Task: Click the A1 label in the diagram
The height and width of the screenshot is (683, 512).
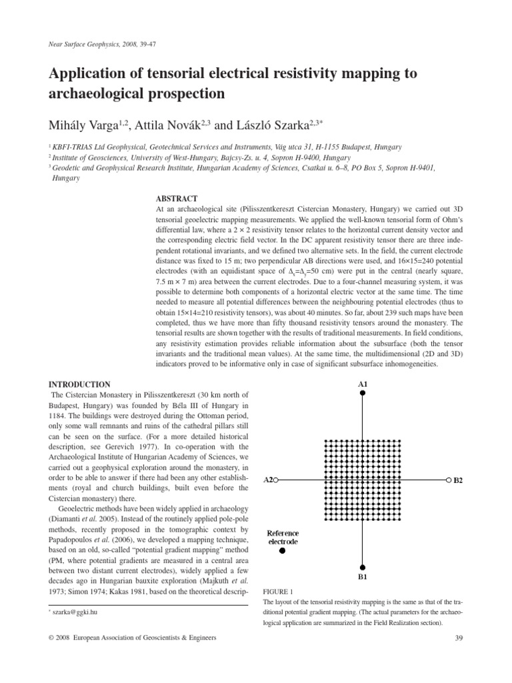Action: point(363,384)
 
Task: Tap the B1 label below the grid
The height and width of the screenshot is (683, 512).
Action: point(363,576)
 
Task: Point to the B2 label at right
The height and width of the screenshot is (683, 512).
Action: point(459,480)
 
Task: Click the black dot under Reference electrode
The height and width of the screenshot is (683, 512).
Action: point(283,550)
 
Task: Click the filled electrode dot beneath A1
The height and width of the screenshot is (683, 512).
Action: point(363,394)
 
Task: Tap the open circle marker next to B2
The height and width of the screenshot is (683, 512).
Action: point(448,480)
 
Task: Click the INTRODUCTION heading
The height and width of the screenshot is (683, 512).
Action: point(80,384)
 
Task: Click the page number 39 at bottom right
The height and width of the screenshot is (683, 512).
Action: point(457,638)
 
